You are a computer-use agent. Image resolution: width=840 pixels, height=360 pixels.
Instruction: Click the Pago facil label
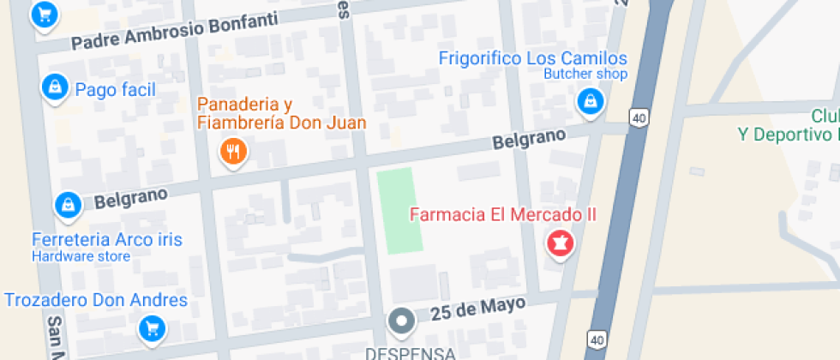click(x=115, y=89)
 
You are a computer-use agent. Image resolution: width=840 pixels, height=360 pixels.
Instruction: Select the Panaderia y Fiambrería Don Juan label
click(x=282, y=113)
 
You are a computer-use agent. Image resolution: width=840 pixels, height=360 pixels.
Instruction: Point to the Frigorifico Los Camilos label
click(x=533, y=59)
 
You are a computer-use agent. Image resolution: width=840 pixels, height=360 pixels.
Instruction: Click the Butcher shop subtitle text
click(x=585, y=75)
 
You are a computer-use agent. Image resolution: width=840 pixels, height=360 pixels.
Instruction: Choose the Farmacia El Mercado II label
click(x=502, y=215)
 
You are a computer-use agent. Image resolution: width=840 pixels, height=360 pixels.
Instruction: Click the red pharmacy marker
click(x=561, y=244)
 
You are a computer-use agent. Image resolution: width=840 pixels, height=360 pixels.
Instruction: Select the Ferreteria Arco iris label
click(x=106, y=239)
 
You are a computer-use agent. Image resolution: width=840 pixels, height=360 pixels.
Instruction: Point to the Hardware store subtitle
click(x=81, y=256)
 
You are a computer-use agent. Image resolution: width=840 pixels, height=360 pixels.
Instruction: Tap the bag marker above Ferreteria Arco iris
click(x=67, y=205)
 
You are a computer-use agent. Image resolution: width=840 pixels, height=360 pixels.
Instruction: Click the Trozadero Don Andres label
click(x=96, y=300)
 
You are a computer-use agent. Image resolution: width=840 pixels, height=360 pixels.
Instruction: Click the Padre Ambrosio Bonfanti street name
click(x=176, y=33)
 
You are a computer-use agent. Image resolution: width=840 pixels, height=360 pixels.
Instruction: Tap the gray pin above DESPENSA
click(x=400, y=321)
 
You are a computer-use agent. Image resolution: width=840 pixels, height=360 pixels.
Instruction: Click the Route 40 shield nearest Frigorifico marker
click(x=639, y=117)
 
